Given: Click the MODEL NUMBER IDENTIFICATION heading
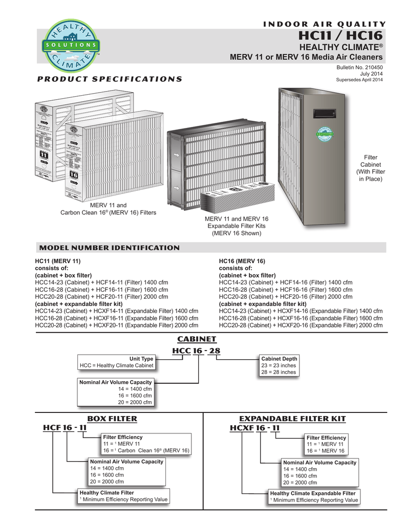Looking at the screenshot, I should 110,248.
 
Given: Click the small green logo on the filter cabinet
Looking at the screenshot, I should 324,133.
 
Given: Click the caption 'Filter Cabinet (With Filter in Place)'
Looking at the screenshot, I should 369,168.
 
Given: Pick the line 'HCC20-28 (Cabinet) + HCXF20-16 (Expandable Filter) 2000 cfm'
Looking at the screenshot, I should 301,325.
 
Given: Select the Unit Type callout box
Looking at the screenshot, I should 117,362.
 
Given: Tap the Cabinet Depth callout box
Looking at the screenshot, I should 279,365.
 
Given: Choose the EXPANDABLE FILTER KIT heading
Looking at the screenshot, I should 296,419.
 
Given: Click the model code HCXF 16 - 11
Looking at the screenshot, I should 255,428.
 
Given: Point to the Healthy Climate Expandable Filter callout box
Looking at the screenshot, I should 314,496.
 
